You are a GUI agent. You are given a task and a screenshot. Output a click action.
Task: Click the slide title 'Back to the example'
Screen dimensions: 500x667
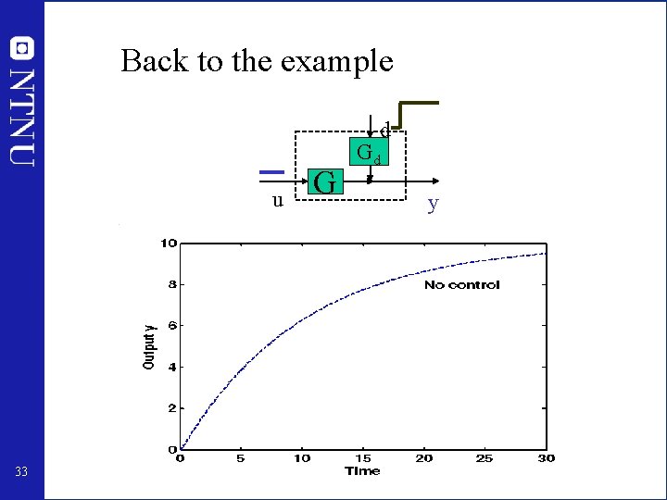click(257, 61)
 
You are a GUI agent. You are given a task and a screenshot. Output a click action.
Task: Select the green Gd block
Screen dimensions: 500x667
click(369, 152)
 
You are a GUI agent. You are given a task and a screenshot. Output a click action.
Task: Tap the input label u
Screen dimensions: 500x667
click(277, 199)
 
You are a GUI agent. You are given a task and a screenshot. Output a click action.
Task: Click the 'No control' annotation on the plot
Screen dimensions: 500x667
click(461, 284)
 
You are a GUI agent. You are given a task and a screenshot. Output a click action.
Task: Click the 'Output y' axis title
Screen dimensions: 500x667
click(148, 346)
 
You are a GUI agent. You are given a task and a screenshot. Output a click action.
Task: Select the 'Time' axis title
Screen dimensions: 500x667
click(362, 470)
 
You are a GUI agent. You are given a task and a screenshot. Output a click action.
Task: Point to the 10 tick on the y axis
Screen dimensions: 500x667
click(169, 244)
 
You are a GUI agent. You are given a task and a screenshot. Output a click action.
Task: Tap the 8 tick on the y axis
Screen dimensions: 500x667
click(172, 284)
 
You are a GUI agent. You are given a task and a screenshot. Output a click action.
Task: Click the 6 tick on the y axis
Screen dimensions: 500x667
click(172, 325)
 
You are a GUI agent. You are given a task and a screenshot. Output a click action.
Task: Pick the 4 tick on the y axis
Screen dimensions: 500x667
click(172, 367)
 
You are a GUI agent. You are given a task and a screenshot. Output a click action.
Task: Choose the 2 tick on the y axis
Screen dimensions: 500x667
click(172, 408)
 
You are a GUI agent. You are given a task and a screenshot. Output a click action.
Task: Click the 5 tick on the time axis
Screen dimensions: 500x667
click(241, 458)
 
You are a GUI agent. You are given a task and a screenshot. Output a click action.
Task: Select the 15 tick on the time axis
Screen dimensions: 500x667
click(362, 458)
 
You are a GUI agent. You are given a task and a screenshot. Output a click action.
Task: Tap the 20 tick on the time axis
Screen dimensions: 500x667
click(423, 458)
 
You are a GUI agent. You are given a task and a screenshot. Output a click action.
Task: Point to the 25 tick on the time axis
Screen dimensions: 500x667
click(485, 458)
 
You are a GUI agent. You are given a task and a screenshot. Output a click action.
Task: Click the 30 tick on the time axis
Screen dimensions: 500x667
click(546, 458)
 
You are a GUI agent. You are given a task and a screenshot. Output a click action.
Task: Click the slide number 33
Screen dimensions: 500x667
click(22, 473)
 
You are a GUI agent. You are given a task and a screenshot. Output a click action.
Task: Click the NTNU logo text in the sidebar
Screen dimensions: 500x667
click(22, 102)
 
